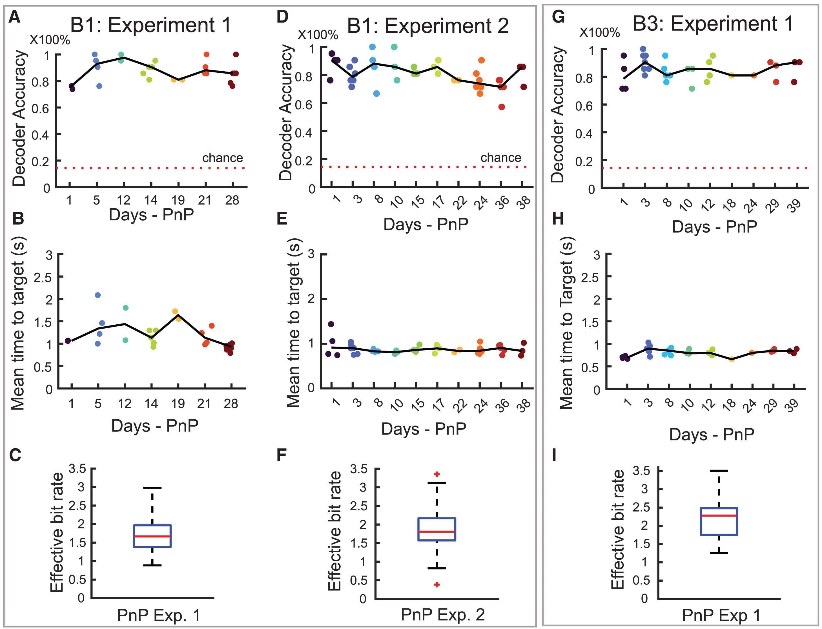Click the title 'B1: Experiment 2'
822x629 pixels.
pos(427,26)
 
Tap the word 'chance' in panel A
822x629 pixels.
pos(222,158)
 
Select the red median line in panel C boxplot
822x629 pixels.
pos(152,536)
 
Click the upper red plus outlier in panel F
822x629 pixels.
pos(437,474)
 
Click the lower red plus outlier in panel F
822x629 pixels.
pos(437,584)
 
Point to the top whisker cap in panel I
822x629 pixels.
pos(719,471)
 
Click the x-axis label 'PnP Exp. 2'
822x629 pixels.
pos(442,614)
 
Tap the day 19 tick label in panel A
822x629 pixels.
pos(178,200)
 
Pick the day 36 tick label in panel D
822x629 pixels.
pos(503,202)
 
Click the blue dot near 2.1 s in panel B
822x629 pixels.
pos(98,295)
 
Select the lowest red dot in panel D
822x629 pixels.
pos(502,107)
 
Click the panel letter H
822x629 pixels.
pos(558,219)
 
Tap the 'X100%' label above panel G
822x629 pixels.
pos(599,33)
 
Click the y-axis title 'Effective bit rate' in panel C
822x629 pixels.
pos(57,532)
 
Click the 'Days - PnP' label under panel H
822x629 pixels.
pos(711,434)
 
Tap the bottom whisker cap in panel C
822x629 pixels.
pos(152,565)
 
